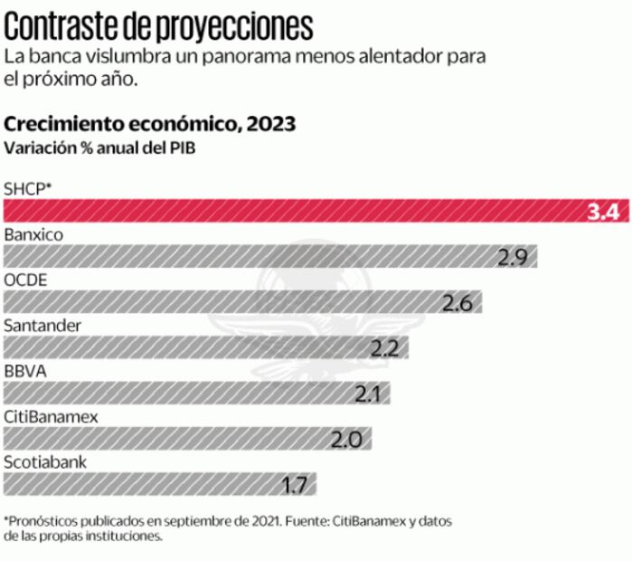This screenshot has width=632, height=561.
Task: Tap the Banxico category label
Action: [x=33, y=235]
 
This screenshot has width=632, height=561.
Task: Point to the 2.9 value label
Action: [x=511, y=257]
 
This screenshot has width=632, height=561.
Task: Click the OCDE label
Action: [x=25, y=280]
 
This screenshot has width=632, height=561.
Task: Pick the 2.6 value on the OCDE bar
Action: [x=457, y=303]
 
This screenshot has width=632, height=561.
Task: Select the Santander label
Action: [x=42, y=325]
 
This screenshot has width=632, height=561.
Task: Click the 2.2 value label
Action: [x=384, y=348]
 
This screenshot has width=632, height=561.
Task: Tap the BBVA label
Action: [x=25, y=371]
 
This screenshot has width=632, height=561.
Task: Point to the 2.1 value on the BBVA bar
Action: [x=368, y=395]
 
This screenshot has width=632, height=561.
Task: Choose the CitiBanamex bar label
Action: [x=51, y=416]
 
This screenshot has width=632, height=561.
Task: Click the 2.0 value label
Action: [x=346, y=440]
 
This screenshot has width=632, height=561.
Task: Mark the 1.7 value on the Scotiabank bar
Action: [x=294, y=485]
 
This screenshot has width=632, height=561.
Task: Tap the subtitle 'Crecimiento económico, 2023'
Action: [x=150, y=124]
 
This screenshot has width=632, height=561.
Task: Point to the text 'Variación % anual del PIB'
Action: [x=99, y=147]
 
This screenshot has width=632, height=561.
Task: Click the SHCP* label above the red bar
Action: [x=28, y=188]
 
